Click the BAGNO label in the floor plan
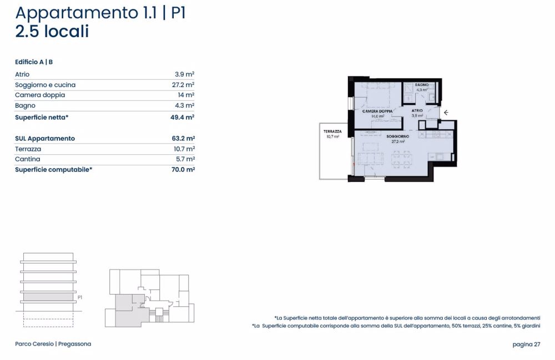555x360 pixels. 421,85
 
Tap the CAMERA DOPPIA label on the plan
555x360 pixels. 377,111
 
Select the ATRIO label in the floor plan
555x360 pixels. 417,111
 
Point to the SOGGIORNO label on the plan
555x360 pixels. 398,136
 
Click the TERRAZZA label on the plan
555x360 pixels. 332,131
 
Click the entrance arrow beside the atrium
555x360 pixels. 446,112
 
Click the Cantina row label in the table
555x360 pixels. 28,159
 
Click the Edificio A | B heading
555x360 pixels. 34,62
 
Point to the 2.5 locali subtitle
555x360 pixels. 52,32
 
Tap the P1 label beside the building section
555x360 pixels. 80,297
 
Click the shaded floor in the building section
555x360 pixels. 48,297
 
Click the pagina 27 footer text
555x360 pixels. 526,344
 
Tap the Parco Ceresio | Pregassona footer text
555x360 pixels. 53,344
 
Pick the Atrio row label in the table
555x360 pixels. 22,74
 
